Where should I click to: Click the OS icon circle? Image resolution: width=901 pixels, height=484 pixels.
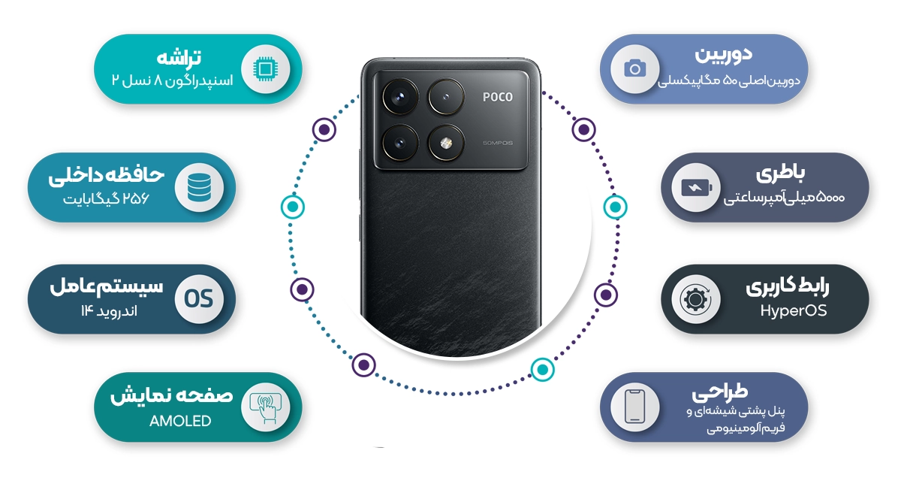[x=198, y=299]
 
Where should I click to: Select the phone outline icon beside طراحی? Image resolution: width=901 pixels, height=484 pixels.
[x=634, y=407]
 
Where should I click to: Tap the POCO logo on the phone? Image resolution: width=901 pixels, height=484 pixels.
[x=497, y=97]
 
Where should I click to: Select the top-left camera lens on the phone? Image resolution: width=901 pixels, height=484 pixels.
[x=399, y=97]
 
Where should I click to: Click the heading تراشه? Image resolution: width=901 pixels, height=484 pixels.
[x=179, y=58]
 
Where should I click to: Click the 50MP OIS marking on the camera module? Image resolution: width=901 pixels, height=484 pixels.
[x=497, y=143]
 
